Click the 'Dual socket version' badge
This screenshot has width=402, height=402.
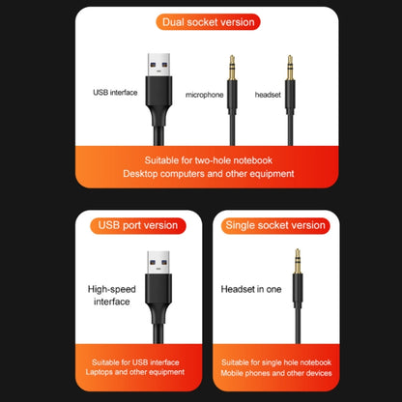(208, 22)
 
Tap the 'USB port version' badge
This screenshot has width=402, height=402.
(138, 225)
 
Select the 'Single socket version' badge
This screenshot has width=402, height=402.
(275, 225)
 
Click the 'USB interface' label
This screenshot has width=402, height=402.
(115, 93)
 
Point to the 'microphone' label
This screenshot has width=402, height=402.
(205, 95)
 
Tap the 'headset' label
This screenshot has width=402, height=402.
(268, 95)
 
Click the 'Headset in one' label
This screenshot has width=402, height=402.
(251, 289)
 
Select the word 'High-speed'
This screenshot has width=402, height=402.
(112, 289)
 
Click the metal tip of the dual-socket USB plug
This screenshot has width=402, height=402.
(158, 65)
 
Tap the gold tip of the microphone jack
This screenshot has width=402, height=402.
(232, 68)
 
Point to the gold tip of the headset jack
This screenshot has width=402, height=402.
(290, 68)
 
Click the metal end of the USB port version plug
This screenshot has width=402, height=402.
(158, 263)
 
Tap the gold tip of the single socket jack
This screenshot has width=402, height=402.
(298, 261)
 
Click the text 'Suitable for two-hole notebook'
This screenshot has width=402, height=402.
(209, 160)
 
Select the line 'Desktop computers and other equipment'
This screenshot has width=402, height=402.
(209, 174)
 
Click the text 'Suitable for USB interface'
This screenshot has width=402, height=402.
(135, 362)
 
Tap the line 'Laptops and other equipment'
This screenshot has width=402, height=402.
(135, 372)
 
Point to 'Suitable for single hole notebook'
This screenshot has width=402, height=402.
(276, 362)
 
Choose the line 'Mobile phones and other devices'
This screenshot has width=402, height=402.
(276, 373)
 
